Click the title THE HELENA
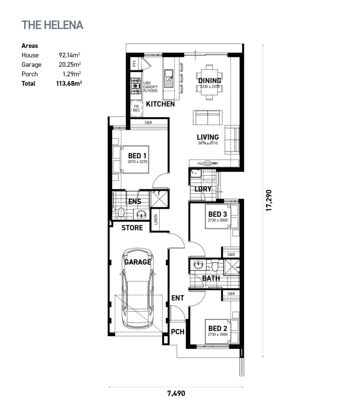(x=53, y=25)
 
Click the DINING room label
(x=210, y=80)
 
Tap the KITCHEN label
(x=161, y=104)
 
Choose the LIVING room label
(x=208, y=137)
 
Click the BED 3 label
(x=217, y=214)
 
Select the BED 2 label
(x=217, y=328)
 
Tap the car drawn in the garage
(x=138, y=289)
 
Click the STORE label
(x=132, y=228)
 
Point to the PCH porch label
(x=178, y=332)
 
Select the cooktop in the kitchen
(x=136, y=86)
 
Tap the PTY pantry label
(x=134, y=63)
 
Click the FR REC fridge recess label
(x=136, y=108)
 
